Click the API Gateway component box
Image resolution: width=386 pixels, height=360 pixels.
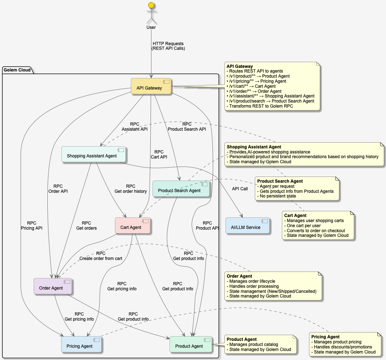click(151, 86)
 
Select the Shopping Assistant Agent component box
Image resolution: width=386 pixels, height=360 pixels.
click(94, 155)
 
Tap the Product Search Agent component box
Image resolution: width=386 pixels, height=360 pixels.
click(181, 189)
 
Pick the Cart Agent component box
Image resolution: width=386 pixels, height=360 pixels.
click(132, 225)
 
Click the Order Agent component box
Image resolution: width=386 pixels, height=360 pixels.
click(53, 286)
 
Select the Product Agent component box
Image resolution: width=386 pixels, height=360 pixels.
click(191, 344)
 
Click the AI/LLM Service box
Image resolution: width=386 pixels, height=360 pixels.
click(248, 225)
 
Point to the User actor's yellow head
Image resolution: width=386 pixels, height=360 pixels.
click(151, 5)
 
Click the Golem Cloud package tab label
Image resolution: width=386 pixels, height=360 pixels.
click(17, 70)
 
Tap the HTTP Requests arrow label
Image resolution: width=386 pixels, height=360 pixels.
click(168, 46)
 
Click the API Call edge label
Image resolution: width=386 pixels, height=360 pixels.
click(240, 188)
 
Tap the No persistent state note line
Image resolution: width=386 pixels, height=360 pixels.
click(276, 196)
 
